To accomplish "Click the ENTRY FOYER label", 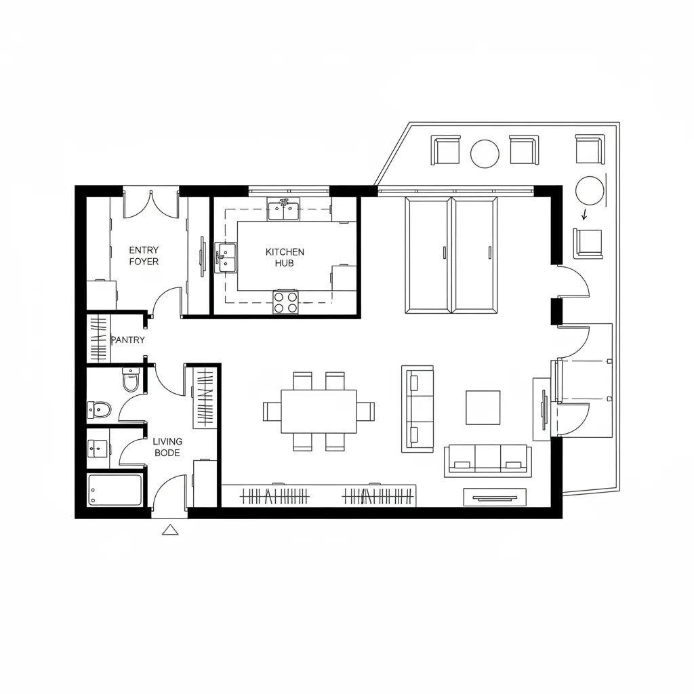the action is pyautogui.click(x=144, y=256).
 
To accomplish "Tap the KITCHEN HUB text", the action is pyautogui.click(x=285, y=257).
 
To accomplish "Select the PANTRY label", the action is pyautogui.click(x=128, y=340).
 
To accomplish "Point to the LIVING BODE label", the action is pyautogui.click(x=167, y=447).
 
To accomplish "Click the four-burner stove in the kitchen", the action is pyautogui.click(x=285, y=302).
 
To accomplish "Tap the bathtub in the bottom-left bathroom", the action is pyautogui.click(x=115, y=490).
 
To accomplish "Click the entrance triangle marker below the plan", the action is pyautogui.click(x=170, y=530).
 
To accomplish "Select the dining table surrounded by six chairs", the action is pyautogui.click(x=319, y=411).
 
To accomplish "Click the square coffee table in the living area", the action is pyautogui.click(x=483, y=407).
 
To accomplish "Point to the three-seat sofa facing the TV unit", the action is pyautogui.click(x=488, y=461).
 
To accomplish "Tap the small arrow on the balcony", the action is pyautogui.click(x=585, y=214).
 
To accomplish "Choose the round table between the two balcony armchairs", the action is pyautogui.click(x=485, y=154).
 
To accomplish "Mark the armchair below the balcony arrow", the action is pyautogui.click(x=588, y=243).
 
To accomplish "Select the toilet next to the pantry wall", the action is pyautogui.click(x=131, y=380).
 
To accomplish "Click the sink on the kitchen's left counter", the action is pyautogui.click(x=226, y=257).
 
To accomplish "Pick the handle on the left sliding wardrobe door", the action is pyautogui.click(x=445, y=252).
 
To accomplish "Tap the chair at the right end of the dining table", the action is pyautogui.click(x=366, y=411).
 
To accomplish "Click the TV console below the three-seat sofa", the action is pyautogui.click(x=495, y=497).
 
